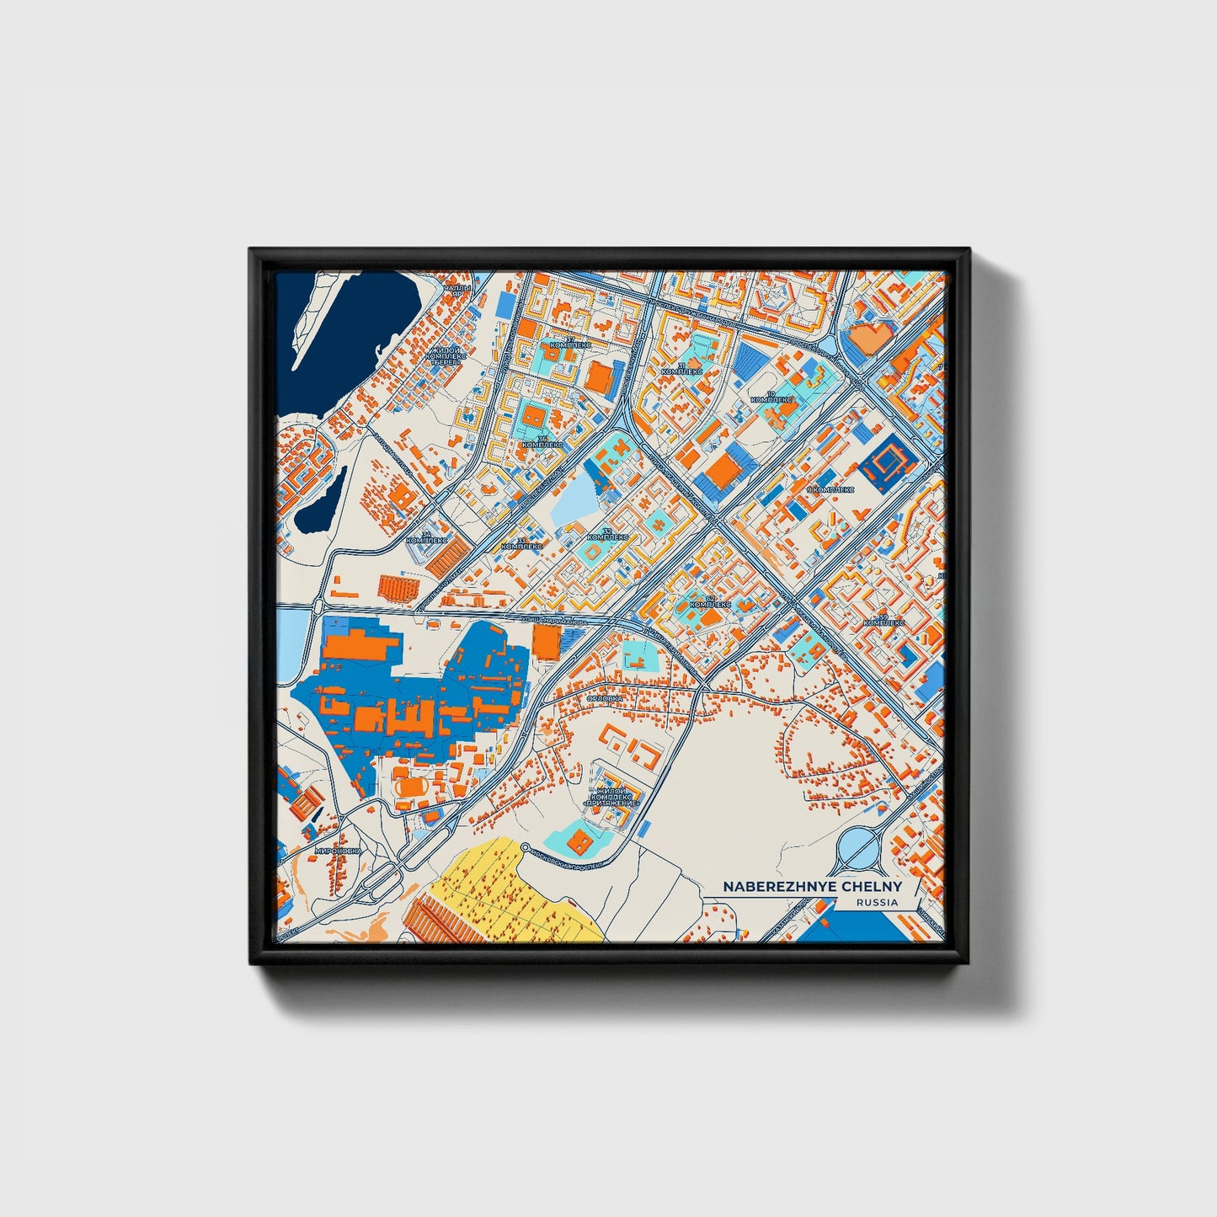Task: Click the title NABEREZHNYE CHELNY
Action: (x=812, y=887)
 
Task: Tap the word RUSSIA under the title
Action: (x=877, y=902)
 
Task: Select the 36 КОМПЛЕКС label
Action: (x=542, y=441)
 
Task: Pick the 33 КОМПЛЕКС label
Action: (x=521, y=543)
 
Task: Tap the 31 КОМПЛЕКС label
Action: (x=681, y=367)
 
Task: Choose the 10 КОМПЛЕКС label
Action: (x=771, y=397)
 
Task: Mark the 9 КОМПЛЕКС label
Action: (x=830, y=489)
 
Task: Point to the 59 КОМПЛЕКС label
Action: (x=883, y=620)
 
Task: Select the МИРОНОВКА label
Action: (x=337, y=851)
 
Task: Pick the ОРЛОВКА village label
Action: (x=605, y=698)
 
